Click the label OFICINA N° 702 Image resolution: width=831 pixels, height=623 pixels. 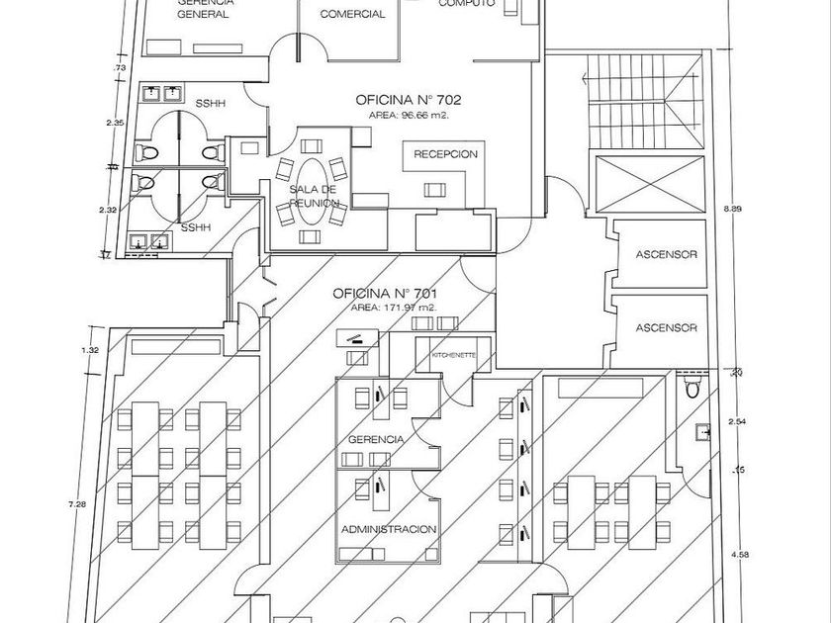point(410,100)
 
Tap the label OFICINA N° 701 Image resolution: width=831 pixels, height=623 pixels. point(386,294)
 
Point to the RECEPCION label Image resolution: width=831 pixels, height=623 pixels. point(446,154)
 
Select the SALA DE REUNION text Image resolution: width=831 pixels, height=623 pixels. point(315,196)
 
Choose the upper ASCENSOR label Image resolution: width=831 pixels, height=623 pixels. point(666,255)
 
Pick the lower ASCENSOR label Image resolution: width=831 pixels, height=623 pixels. point(666,327)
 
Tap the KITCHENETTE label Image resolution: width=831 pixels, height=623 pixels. point(454,354)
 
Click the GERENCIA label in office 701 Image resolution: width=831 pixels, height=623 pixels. point(375,438)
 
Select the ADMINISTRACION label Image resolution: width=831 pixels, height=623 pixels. point(388,529)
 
